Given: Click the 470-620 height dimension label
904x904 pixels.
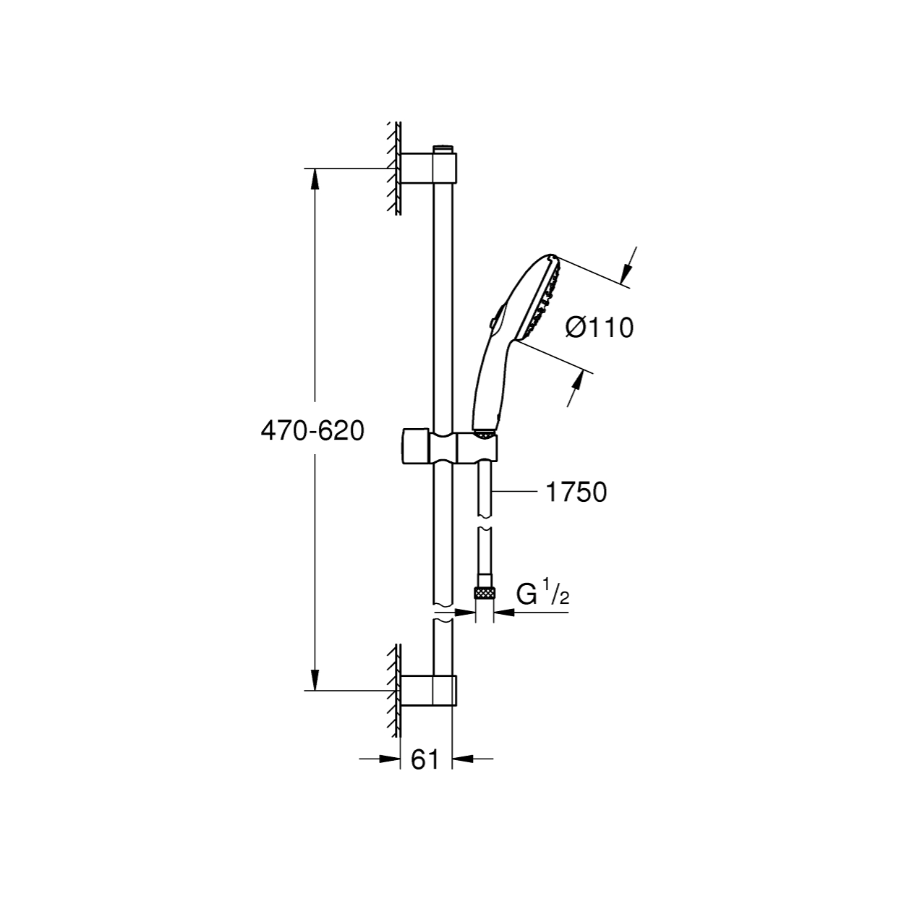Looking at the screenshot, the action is click(312, 430).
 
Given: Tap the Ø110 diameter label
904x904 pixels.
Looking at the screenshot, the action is click(600, 327).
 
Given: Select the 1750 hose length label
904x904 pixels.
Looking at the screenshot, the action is click(576, 492).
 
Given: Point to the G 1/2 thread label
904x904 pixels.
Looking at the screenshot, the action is click(543, 594).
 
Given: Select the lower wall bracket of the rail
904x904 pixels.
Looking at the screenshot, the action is click(428, 691).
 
